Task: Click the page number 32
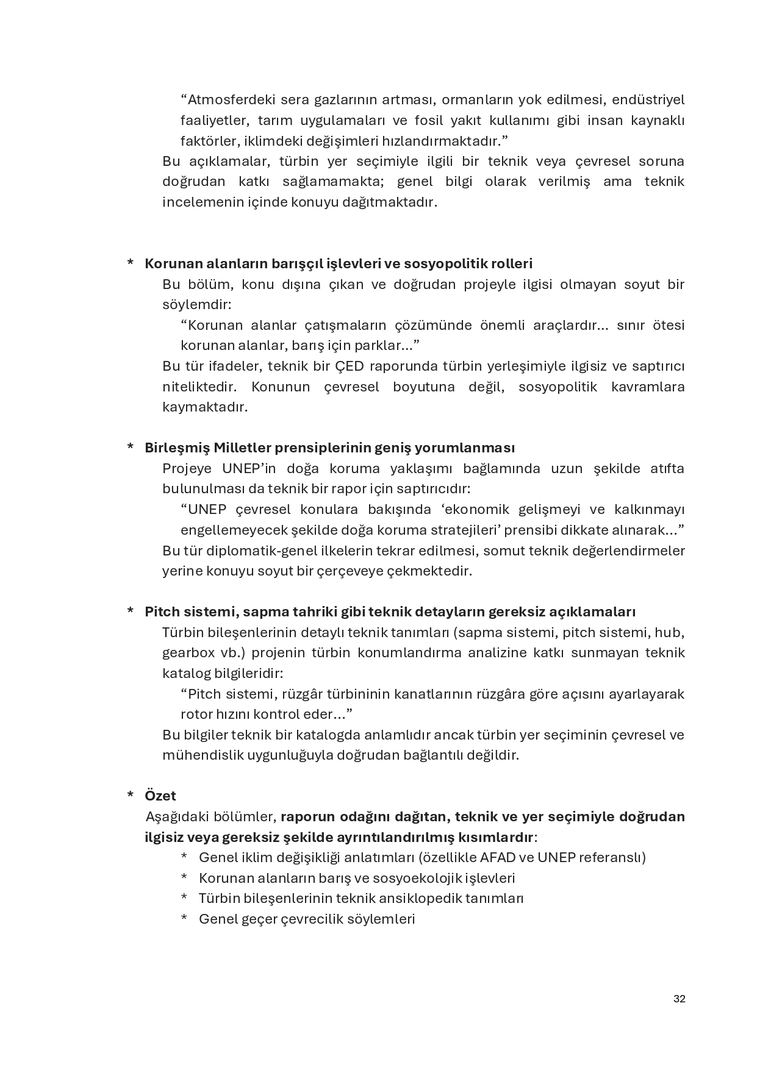679,999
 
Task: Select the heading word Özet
160,796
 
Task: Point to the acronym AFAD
498,857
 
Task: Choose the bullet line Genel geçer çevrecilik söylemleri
307,919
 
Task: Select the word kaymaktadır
204,407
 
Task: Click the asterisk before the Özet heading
131,796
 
